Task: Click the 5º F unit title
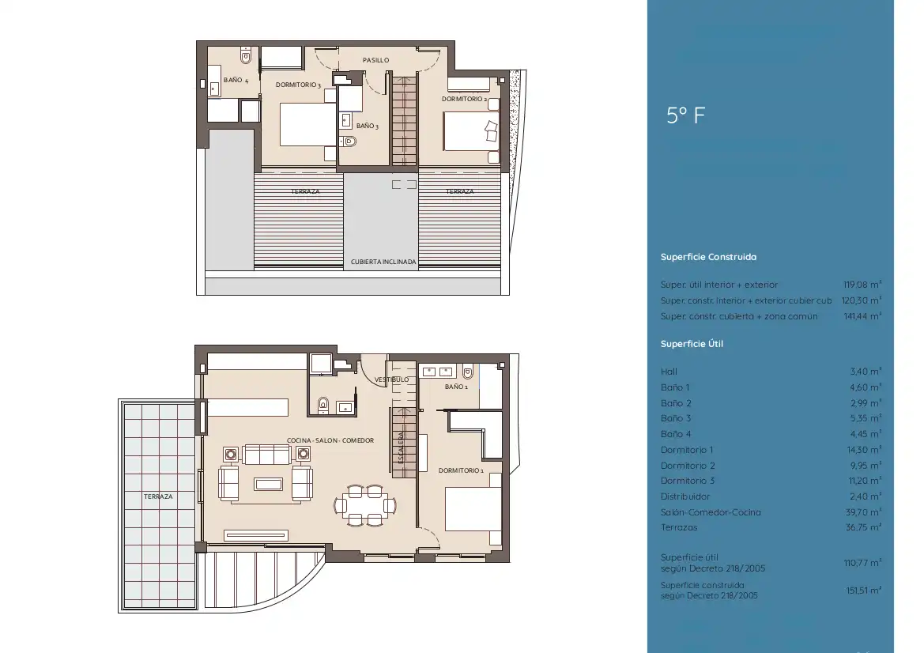coord(685,115)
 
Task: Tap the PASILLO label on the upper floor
coord(375,60)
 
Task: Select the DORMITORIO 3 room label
coord(298,85)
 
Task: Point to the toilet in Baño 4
coord(246,57)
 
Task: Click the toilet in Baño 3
coord(349,141)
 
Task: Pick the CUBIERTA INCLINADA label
coord(383,262)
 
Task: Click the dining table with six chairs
coord(364,505)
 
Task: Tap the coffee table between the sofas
coord(268,484)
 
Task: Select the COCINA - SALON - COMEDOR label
coord(330,440)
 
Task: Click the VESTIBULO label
coord(391,379)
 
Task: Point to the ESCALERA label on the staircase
coord(402,448)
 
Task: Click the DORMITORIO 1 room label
coord(461,470)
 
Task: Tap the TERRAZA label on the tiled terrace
coord(159,496)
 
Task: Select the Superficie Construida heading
coord(708,257)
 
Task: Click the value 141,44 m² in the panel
coord(862,316)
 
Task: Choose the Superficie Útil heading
coord(692,344)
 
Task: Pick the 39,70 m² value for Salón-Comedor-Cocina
coord(863,512)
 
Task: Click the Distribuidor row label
coord(685,496)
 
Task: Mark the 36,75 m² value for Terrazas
coord(863,527)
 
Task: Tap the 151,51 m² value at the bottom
coord(863,590)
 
